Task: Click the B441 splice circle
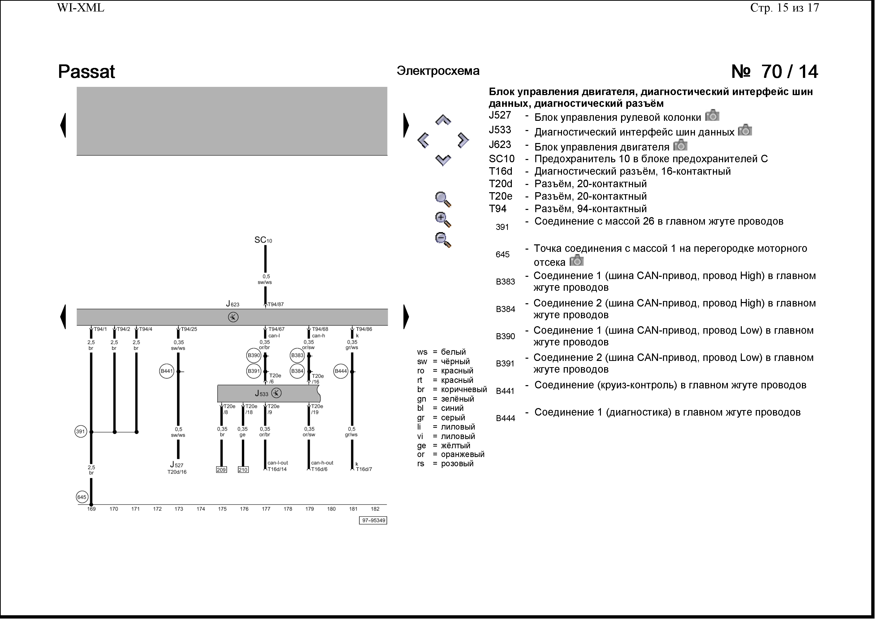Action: tap(167, 371)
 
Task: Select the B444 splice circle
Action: tap(341, 371)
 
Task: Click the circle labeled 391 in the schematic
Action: tap(81, 432)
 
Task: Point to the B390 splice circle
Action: tap(254, 355)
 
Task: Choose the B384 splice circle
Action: tap(297, 371)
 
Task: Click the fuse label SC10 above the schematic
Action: tap(263, 240)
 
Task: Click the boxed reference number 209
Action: tap(221, 470)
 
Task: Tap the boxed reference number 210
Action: tap(243, 470)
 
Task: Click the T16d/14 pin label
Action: tap(277, 469)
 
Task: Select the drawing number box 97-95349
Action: tap(373, 521)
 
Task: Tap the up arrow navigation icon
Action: tap(443, 121)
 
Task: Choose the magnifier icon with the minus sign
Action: tap(443, 240)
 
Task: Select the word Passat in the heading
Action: tap(87, 72)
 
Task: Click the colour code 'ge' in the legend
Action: tap(422, 446)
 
